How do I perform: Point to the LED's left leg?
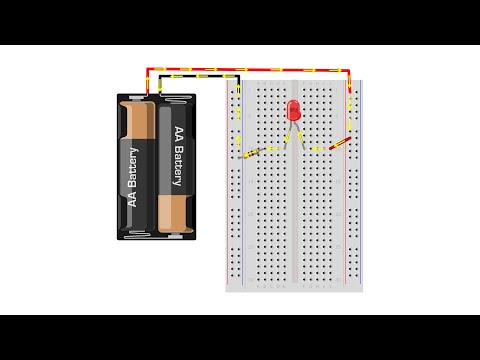(288, 137)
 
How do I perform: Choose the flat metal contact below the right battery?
(178, 232)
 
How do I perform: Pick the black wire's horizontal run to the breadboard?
(200, 78)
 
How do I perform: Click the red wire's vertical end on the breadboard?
(350, 90)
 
